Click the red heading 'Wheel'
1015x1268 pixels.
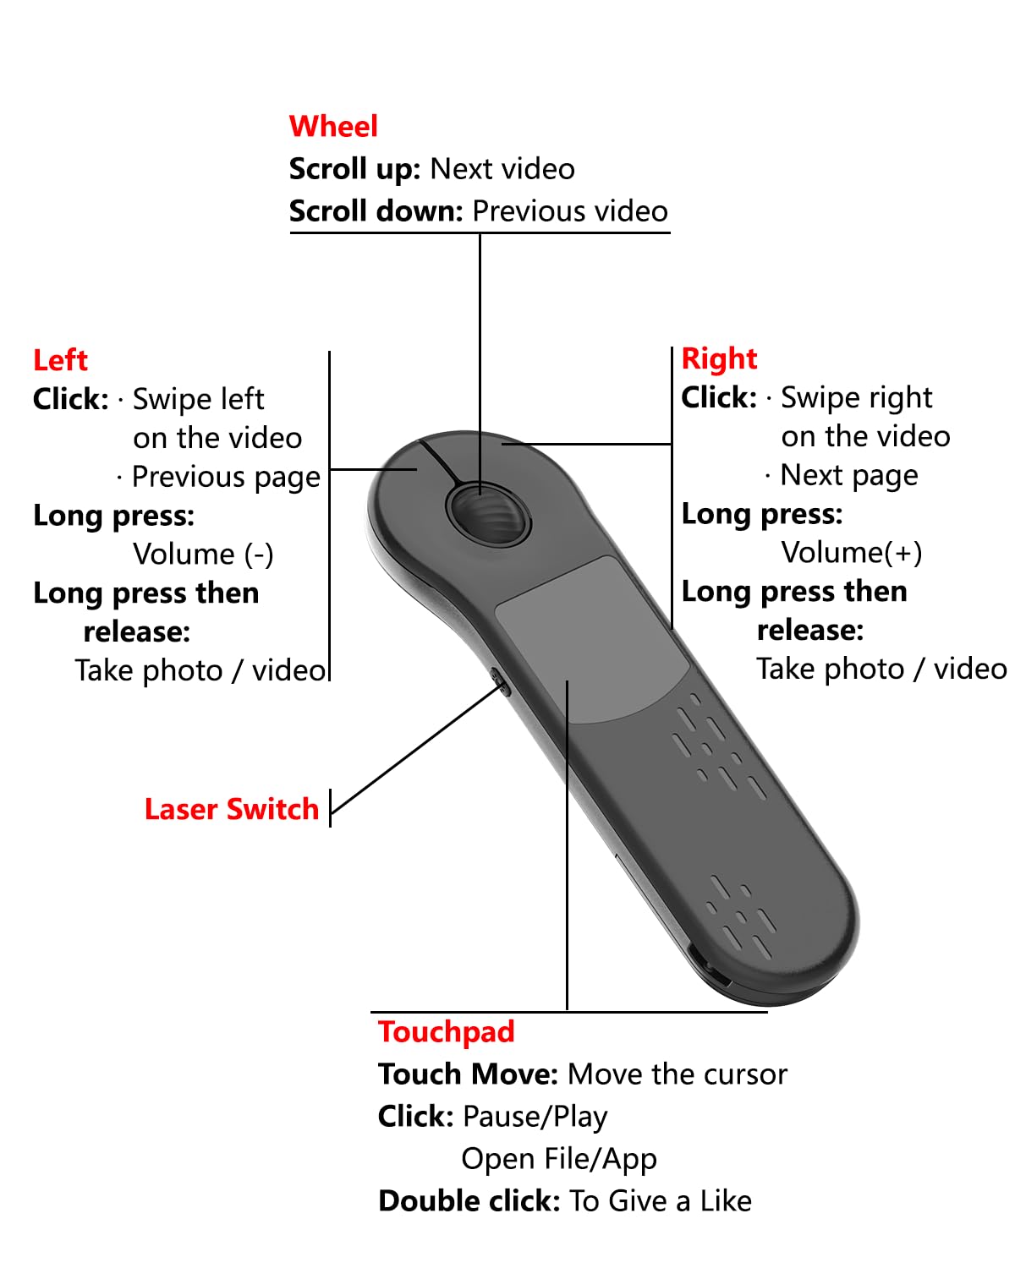pos(333,127)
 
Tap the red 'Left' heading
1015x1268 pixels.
pos(60,360)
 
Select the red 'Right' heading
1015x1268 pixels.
pos(719,358)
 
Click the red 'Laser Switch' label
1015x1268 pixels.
pos(231,809)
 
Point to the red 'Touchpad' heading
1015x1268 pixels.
pos(446,1032)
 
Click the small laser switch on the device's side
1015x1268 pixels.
pos(500,681)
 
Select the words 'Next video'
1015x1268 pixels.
pos(502,169)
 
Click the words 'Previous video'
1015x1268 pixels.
pos(570,211)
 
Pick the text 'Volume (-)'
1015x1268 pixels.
pos(203,555)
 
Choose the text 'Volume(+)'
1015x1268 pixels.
pos(851,553)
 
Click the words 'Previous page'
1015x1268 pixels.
pos(226,478)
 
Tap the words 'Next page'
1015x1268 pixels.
pos(848,476)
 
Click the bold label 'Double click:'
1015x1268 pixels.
pos(469,1201)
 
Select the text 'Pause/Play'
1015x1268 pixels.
pos(535,1117)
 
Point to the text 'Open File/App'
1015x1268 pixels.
pos(558,1159)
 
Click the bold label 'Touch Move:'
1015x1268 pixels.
pos(468,1074)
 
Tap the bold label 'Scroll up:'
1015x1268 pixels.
pos(354,169)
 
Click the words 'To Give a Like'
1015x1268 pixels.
pos(660,1201)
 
